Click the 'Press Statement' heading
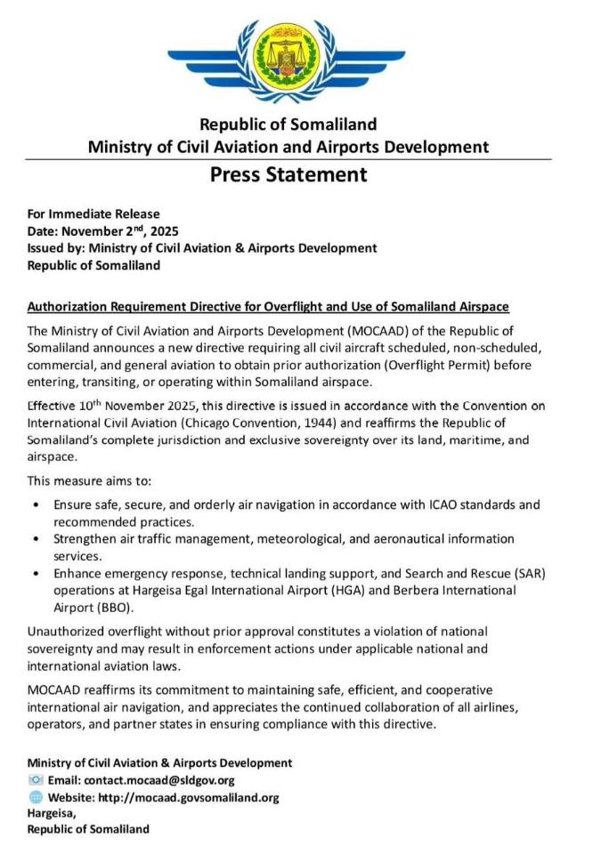[288, 174]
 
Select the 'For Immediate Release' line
[93, 214]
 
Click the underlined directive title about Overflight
[268, 307]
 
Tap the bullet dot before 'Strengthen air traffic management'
[35, 539]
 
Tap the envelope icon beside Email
[36, 780]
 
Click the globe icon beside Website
[36, 797]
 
